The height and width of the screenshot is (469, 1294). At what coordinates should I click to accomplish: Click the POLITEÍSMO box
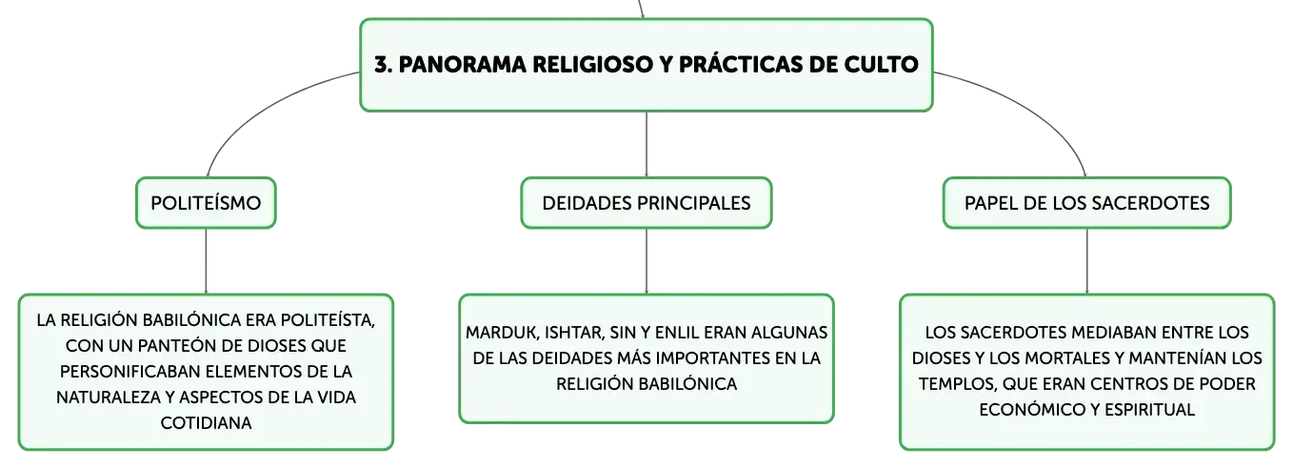[x=206, y=203]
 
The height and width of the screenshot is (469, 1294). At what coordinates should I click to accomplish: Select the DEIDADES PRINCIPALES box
[x=647, y=203]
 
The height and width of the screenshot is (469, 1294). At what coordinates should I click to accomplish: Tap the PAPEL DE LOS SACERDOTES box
[x=1087, y=203]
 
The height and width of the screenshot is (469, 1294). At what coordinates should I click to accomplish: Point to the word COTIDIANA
[x=206, y=423]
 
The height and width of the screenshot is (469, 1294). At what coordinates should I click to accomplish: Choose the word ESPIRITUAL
[x=1149, y=410]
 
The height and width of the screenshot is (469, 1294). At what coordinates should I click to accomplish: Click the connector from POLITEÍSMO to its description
[x=206, y=261]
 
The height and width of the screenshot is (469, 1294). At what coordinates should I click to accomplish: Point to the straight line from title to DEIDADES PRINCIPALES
[x=647, y=145]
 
